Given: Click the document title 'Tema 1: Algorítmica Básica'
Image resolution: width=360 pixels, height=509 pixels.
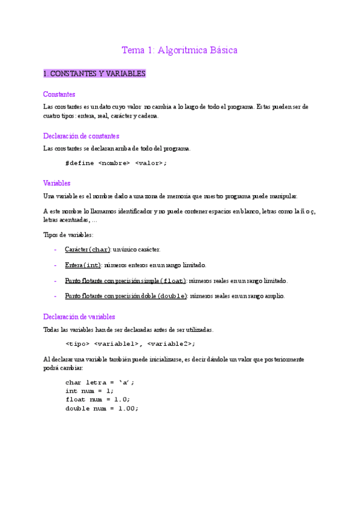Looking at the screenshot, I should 179,50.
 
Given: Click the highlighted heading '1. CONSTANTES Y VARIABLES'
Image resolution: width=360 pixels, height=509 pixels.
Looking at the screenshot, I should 94,74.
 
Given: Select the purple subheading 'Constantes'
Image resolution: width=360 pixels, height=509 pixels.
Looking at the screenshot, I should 59,94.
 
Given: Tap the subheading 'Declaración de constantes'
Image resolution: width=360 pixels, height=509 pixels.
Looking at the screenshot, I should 81,136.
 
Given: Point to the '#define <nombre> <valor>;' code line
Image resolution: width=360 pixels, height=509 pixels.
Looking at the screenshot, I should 116,163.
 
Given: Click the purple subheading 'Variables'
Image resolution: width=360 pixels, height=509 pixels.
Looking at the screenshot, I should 57,182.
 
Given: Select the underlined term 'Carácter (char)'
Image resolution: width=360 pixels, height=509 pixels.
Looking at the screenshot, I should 88,249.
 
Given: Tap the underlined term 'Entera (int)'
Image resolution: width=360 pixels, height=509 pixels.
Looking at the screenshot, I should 83,265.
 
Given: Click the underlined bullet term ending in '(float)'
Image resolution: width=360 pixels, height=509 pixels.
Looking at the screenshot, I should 125,280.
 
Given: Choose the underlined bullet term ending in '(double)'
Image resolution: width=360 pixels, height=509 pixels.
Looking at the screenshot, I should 126,296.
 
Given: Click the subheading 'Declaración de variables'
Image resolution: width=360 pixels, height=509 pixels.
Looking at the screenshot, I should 79,316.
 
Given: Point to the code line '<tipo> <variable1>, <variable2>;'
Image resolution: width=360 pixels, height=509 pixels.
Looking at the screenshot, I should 130,343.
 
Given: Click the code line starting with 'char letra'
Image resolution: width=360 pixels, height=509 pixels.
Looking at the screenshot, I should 100,382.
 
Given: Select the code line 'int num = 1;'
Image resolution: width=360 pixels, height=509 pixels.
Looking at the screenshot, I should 89,391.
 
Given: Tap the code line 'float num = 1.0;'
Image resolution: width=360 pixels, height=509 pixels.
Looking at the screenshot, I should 98,399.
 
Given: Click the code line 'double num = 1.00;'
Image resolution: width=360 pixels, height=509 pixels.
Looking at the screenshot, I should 102,408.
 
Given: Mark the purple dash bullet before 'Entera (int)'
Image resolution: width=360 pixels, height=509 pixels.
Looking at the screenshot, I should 55,265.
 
